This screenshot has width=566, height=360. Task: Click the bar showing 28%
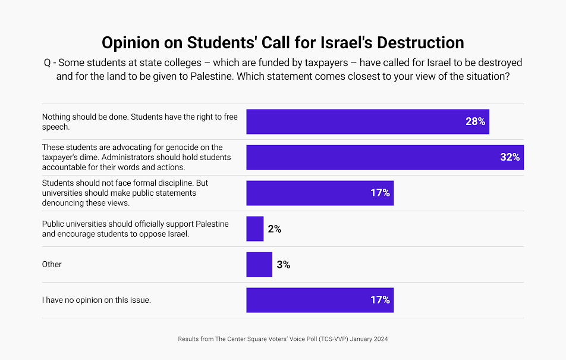(367, 121)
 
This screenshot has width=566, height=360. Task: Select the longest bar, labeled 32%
(385, 157)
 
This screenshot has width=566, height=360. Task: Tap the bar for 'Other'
(259, 264)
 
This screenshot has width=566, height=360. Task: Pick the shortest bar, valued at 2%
(254, 228)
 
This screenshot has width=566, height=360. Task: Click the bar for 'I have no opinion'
(320, 300)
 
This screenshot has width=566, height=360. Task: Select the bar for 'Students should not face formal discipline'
(320, 193)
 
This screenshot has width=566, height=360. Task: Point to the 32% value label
(510, 157)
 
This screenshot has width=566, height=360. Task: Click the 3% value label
(283, 264)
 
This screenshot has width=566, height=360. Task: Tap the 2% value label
(274, 228)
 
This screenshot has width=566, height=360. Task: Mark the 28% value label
(476, 121)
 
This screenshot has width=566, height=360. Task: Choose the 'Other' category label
(52, 264)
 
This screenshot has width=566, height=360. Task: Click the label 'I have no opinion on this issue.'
(96, 300)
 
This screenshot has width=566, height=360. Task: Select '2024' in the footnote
(379, 339)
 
